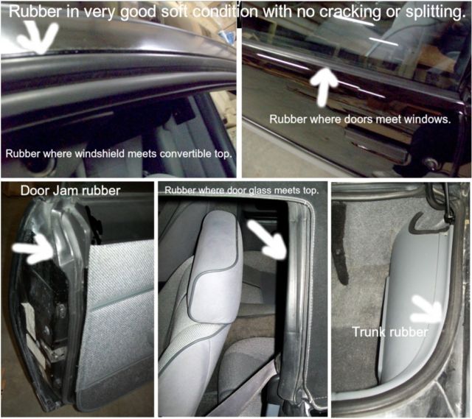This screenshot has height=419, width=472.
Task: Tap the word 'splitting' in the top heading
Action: (434, 12)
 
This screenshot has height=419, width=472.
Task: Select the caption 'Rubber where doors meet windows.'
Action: (360, 119)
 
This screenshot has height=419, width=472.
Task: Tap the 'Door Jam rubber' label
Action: (71, 191)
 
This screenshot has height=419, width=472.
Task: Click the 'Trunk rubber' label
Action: (390, 332)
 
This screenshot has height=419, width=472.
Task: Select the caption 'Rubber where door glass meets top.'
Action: (241, 190)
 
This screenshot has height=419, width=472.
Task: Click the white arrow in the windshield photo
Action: (38, 38)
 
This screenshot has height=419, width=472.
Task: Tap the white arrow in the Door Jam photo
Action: (33, 249)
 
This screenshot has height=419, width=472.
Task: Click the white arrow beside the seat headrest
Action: (267, 239)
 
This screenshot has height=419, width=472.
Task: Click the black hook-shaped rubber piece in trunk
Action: (425, 224)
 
